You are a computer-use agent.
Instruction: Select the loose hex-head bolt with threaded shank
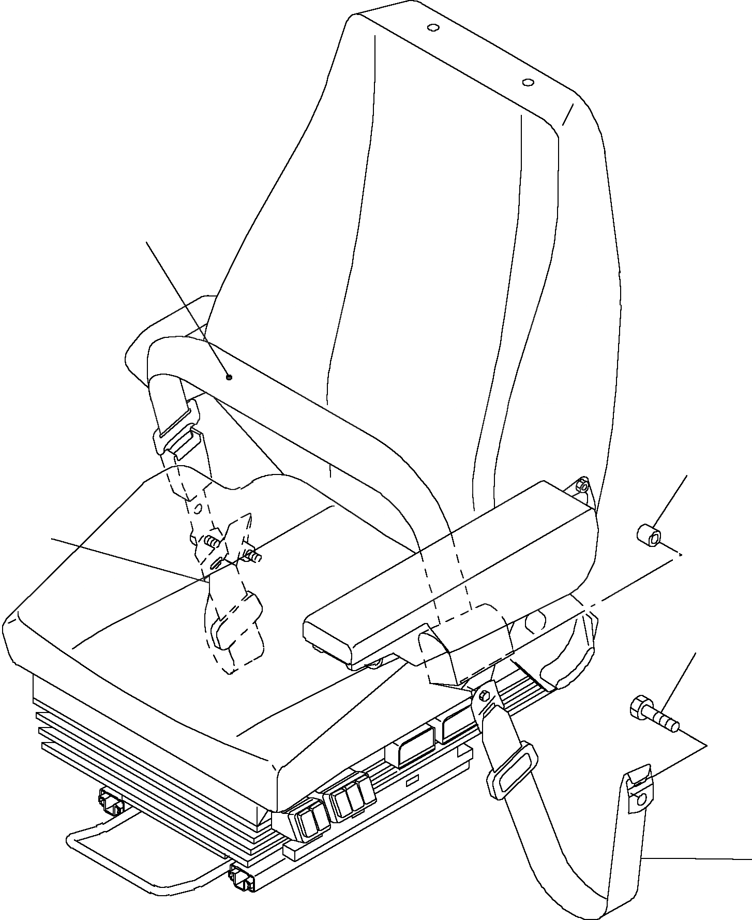(653, 715)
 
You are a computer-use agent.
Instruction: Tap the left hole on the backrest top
(433, 27)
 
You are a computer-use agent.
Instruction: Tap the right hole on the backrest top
(528, 82)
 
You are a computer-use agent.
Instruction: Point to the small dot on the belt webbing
(230, 377)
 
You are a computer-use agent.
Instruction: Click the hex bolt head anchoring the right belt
(485, 695)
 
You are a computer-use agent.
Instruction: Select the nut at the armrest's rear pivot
(582, 485)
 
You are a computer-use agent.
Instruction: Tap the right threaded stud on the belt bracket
(254, 557)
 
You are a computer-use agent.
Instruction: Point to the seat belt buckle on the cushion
(235, 621)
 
